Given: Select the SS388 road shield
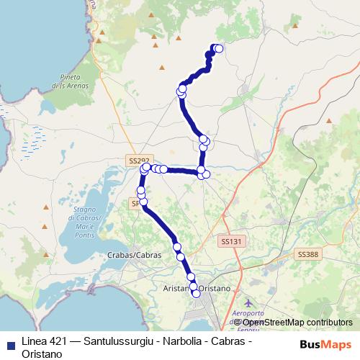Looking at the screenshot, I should tap(307, 254).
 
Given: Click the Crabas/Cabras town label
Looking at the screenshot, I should tap(127, 256).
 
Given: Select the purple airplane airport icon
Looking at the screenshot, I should tap(249, 302).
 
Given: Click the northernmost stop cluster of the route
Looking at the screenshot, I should tap(217, 48).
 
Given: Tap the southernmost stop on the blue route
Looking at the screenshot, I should tap(196, 293).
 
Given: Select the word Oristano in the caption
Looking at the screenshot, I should tap(43, 354).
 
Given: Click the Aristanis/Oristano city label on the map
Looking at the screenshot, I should tap(194, 288).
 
